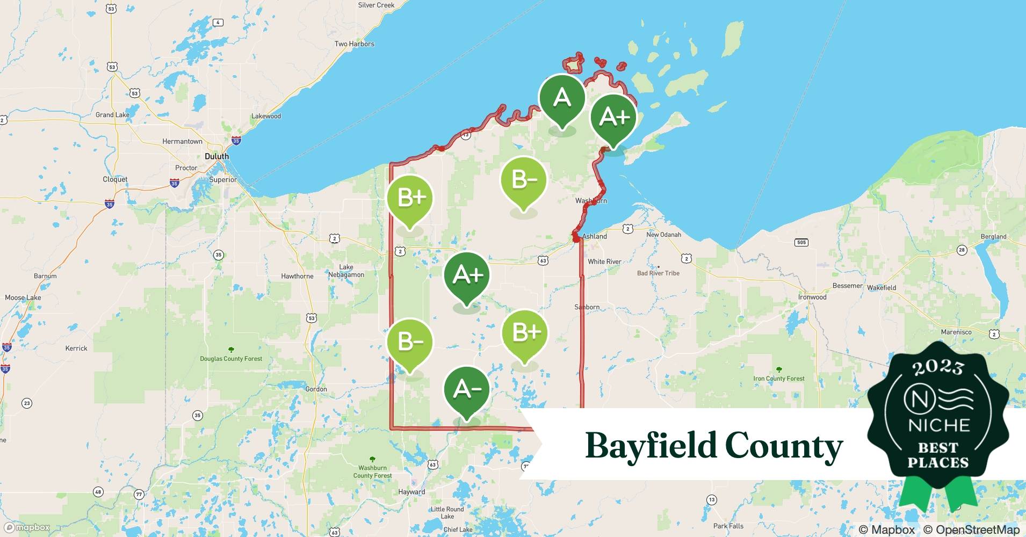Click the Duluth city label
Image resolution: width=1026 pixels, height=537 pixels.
[216, 156]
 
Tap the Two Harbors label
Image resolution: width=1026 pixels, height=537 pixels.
[354, 44]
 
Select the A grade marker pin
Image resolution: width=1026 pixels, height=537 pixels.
[562, 99]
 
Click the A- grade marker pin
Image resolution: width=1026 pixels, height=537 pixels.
[466, 390]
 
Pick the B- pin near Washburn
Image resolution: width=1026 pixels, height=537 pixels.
[523, 181]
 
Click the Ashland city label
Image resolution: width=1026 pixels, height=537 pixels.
[595, 236]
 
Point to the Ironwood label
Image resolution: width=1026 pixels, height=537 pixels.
[812, 297]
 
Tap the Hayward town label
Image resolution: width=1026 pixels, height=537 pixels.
[411, 492]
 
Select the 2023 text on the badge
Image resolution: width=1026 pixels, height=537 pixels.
[937, 367]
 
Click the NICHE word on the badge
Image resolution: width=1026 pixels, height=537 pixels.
[938, 425]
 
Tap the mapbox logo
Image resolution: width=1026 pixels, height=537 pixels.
[27, 527]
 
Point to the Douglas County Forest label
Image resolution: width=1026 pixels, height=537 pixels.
[231, 359]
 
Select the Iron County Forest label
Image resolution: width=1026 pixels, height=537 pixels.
[778, 379]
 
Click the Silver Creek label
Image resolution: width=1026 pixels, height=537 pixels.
[376, 5]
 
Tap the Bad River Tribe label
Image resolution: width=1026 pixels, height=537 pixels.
[658, 273]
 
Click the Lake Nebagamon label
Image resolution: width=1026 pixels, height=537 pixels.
[346, 271]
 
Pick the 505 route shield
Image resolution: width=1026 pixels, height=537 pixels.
[801, 243]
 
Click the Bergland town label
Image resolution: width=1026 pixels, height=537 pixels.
[993, 236]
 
